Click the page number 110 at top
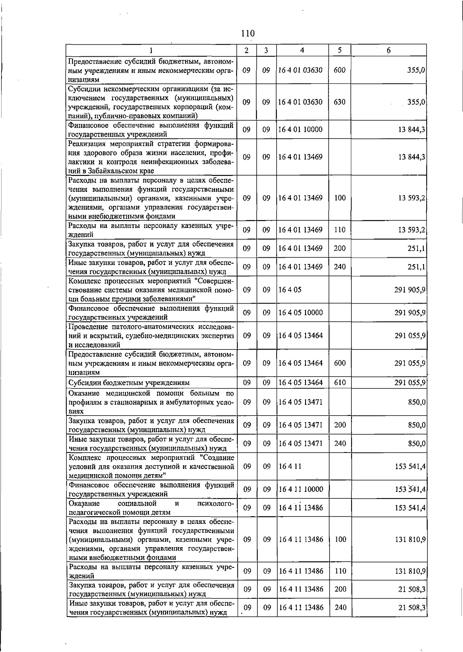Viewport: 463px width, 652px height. (248, 33)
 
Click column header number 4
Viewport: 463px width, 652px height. (302, 50)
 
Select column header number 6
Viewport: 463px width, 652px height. (389, 50)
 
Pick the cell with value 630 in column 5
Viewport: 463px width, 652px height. (340, 102)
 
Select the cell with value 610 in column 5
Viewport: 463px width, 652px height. (340, 383)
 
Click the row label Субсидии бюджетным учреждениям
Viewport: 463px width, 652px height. (129, 383)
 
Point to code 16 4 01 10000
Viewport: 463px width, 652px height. (301, 130)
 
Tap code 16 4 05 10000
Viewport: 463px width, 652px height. (301, 313)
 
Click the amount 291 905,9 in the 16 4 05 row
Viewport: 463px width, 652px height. (410, 290)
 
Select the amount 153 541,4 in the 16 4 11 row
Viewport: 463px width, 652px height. (410, 466)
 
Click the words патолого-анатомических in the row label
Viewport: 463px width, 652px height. (150, 327)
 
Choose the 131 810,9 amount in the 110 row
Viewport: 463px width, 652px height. (410, 571)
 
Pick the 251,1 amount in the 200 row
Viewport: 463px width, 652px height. (416, 249)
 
